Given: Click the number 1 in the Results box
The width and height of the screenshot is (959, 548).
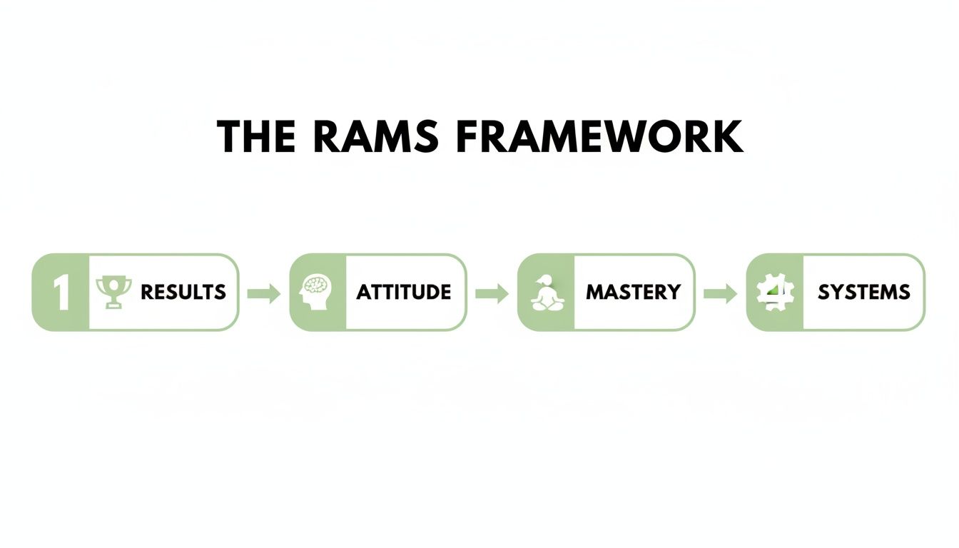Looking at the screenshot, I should click(x=61, y=293).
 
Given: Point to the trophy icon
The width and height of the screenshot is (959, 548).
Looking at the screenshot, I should click(x=113, y=292).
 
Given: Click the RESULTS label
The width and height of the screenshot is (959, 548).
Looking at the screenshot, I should click(x=183, y=292).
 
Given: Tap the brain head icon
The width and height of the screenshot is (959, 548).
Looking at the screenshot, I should click(x=317, y=292).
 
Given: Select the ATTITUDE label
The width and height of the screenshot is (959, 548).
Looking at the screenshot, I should click(x=404, y=292).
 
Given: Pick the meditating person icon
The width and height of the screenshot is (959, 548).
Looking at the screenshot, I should click(x=545, y=293).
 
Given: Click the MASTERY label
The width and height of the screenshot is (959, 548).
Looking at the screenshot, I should click(x=633, y=292).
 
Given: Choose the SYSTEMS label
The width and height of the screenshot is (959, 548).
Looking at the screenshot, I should click(x=863, y=292).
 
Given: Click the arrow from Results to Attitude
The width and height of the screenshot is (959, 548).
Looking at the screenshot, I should click(x=264, y=293).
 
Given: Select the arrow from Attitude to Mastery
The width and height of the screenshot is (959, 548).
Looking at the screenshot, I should click(x=492, y=293).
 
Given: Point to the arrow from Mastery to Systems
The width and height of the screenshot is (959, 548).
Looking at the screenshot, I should click(x=720, y=293).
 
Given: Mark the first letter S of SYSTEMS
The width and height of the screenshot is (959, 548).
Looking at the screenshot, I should click(x=824, y=292).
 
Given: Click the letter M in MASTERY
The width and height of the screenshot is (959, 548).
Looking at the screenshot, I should click(x=594, y=292).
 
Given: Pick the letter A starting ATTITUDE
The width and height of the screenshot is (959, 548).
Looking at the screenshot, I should click(x=363, y=292).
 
